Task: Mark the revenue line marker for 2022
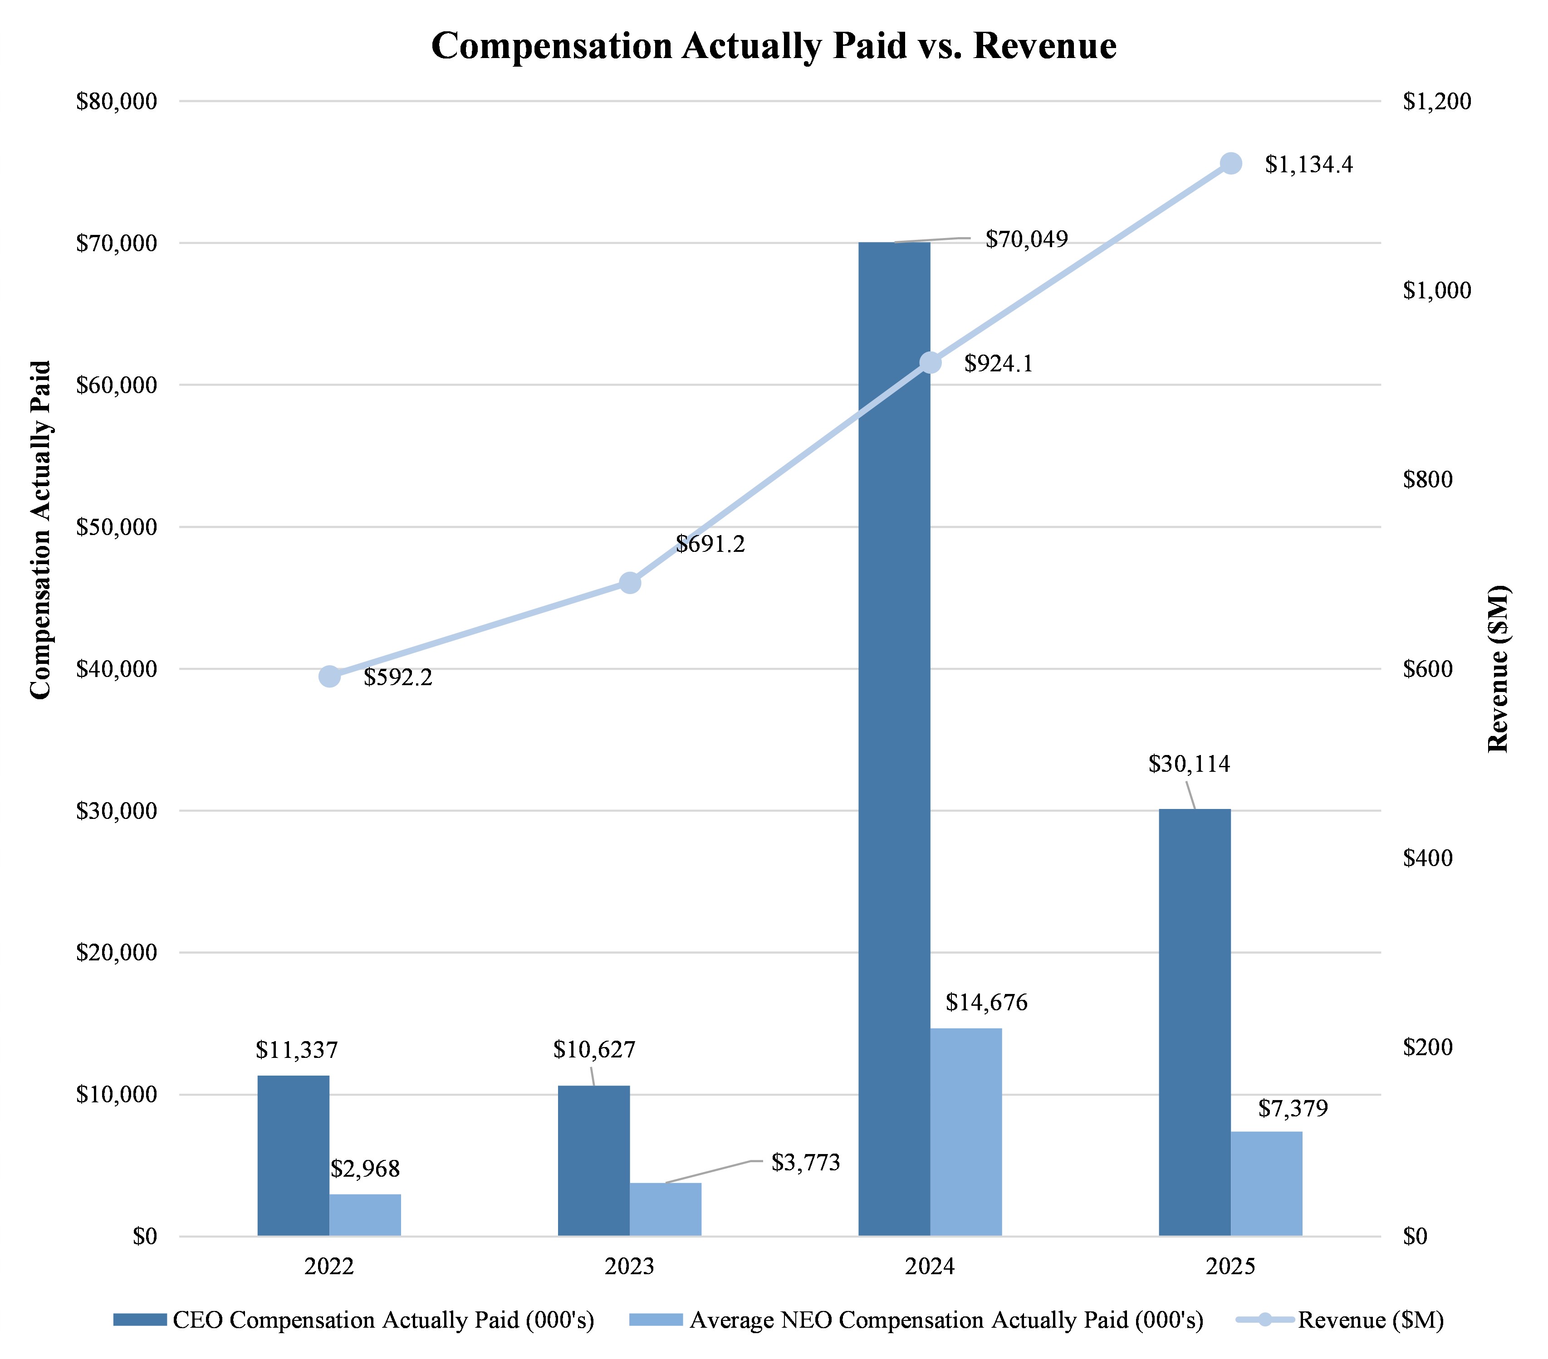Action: point(329,676)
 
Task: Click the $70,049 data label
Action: point(1026,240)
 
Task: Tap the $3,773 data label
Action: point(805,1163)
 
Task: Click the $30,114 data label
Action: point(1189,765)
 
